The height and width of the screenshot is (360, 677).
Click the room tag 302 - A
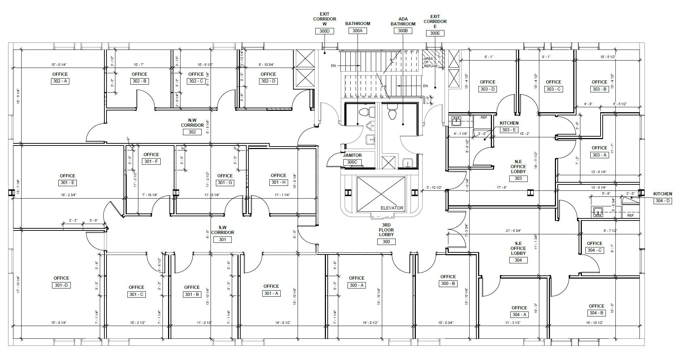60,81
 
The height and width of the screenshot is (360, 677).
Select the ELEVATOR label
392,208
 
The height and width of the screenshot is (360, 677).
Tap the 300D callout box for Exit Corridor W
325,31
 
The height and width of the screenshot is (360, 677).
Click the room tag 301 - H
278,183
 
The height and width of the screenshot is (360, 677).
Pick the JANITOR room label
352,155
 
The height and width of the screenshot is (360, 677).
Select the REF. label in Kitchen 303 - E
484,118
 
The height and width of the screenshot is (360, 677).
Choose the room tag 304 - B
596,313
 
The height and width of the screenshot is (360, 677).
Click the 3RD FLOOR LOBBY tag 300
386,242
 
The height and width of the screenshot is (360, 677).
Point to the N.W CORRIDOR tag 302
192,132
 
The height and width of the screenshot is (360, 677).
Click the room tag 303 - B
599,89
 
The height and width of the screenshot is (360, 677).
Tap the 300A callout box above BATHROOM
357,31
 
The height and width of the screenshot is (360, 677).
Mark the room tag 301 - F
151,161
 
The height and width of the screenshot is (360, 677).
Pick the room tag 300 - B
448,284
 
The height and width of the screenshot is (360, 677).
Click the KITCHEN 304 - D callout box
662,201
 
